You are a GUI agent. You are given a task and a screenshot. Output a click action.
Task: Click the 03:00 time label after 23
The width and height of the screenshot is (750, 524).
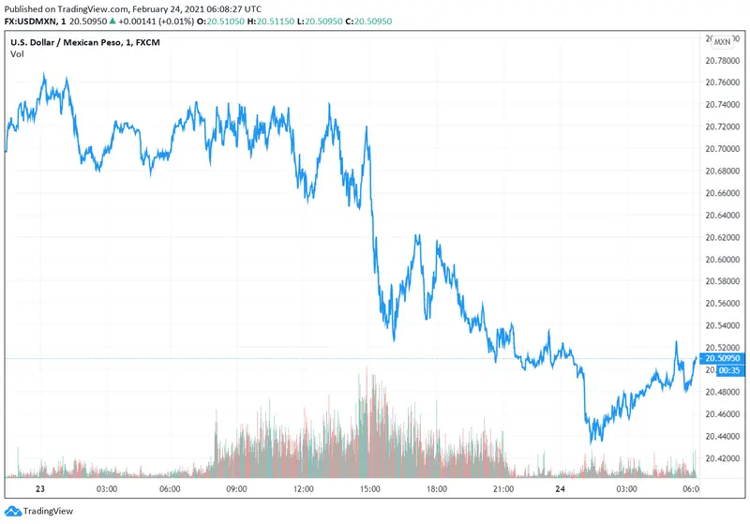(x=106, y=488)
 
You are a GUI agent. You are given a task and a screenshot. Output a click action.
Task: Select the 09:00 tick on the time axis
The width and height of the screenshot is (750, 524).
(x=236, y=488)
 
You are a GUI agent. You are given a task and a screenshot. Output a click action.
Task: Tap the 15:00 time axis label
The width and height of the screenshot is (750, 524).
(x=369, y=488)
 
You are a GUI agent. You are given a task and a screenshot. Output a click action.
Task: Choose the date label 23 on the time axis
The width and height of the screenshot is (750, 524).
(x=39, y=488)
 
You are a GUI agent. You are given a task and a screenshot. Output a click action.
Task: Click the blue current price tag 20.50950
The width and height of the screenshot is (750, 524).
(x=723, y=358)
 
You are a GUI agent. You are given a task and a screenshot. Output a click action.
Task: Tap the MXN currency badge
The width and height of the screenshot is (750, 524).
(x=722, y=41)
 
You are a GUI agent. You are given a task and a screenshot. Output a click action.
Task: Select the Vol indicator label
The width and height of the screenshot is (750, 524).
(x=17, y=54)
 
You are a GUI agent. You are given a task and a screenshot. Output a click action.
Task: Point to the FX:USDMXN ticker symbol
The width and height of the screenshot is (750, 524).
(x=32, y=22)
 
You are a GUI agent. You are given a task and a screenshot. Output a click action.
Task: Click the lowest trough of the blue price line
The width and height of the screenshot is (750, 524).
(x=592, y=441)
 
